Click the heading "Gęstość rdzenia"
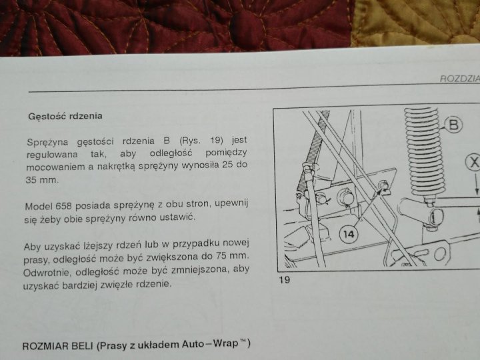click(65, 116)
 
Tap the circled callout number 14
click(349, 235)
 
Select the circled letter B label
click(454, 125)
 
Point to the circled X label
click(473, 162)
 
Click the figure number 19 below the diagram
click(285, 280)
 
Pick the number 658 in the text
click(63, 206)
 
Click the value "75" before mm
click(221, 255)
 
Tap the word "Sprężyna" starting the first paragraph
click(47, 143)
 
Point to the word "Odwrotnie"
click(47, 273)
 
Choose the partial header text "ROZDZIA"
click(460, 79)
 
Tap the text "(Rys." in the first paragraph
click(190, 141)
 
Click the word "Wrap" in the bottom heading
click(226, 343)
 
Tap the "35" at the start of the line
click(31, 180)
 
